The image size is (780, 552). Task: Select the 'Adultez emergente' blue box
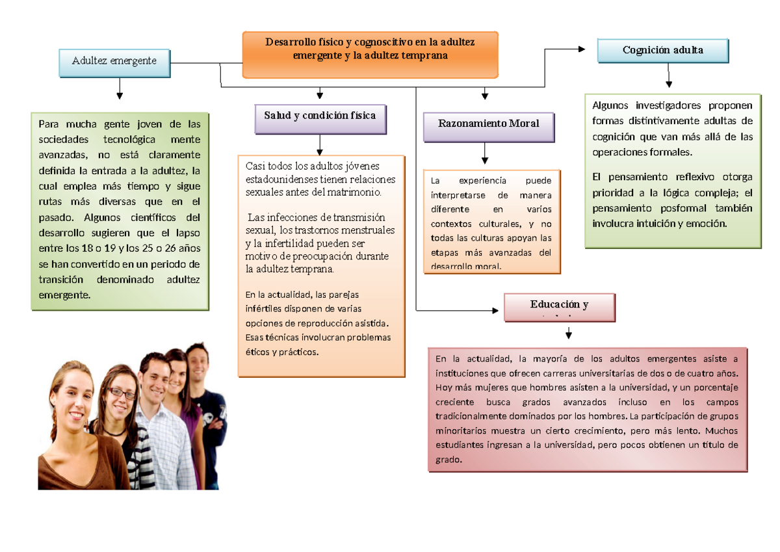click(x=114, y=61)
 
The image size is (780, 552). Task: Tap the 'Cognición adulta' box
click(x=662, y=50)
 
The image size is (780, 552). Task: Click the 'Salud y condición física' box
click(x=319, y=116)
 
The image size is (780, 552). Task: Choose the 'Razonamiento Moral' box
click(x=488, y=124)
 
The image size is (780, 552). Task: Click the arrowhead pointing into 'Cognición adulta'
click(x=581, y=49)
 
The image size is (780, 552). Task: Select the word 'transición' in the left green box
click(x=62, y=280)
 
